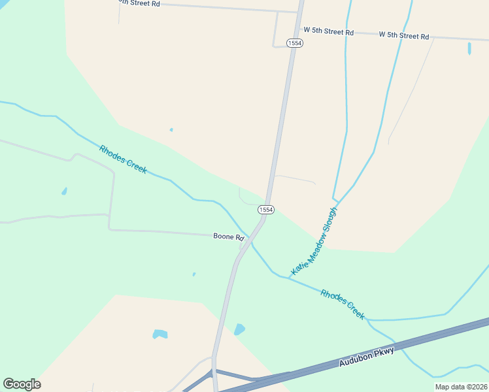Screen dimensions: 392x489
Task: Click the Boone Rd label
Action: click(228, 237)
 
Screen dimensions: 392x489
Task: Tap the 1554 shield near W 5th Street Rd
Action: click(295, 42)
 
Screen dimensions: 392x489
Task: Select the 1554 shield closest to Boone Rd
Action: click(265, 209)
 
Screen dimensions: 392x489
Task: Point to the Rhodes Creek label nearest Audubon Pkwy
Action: click(343, 303)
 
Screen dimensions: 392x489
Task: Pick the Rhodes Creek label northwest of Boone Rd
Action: click(123, 159)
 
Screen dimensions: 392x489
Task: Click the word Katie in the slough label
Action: click(299, 265)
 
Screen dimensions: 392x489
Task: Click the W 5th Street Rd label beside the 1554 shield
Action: click(328, 31)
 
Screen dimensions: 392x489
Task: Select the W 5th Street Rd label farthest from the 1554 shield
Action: click(403, 35)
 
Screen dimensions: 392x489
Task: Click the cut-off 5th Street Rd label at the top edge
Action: click(138, 3)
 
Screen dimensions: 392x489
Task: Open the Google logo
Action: click(22, 384)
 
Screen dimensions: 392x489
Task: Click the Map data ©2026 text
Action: click(460, 387)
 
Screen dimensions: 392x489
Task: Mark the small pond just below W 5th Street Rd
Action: click(469, 48)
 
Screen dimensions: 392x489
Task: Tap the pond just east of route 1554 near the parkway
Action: click(239, 329)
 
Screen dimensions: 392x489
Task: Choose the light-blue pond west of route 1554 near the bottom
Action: click(160, 334)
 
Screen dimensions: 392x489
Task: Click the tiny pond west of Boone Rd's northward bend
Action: click(64, 191)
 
